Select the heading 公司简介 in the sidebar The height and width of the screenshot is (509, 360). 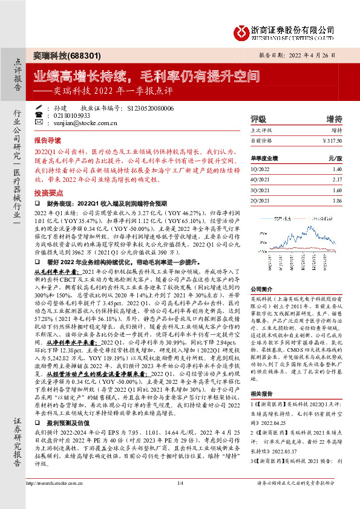(x=261, y=288)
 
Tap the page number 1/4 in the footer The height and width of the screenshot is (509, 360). (x=180, y=499)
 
